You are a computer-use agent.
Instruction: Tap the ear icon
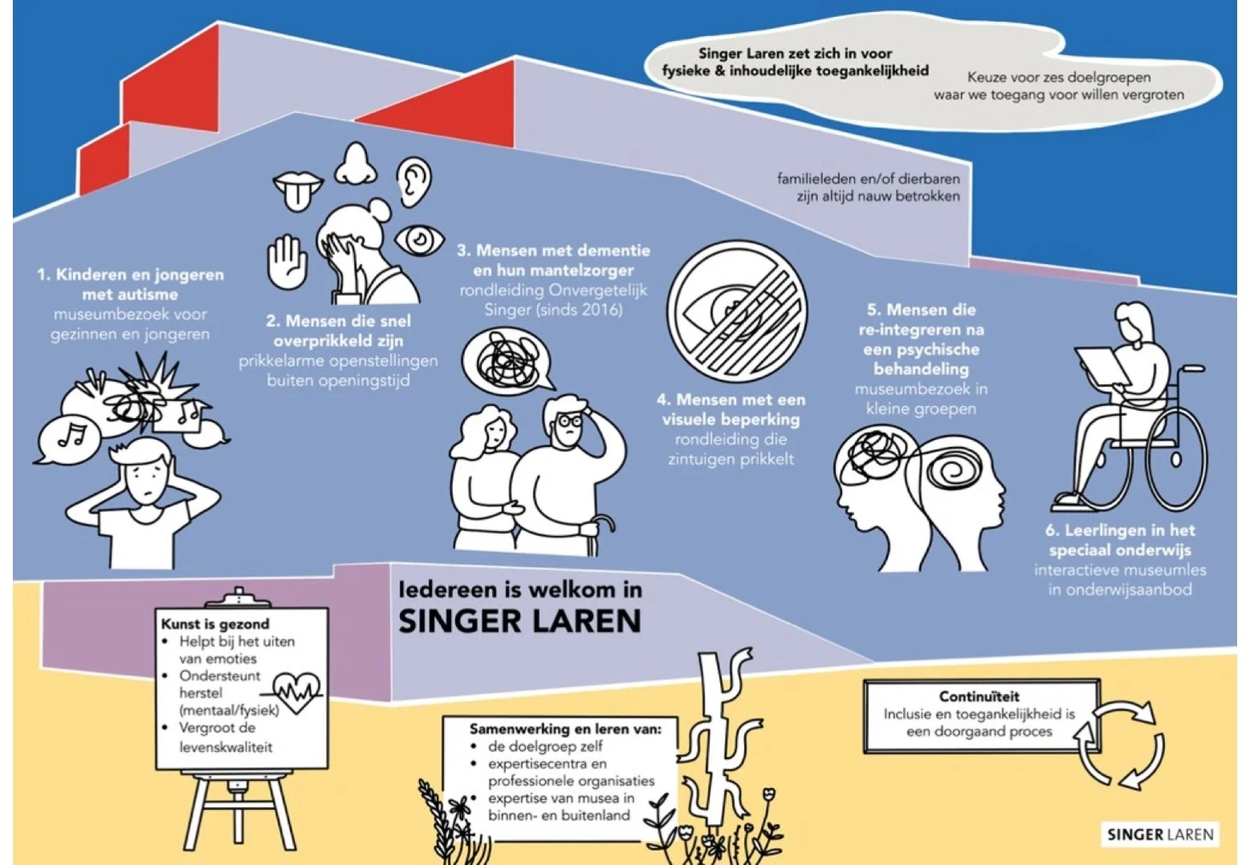point(414,181)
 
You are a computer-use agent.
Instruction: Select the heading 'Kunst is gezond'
point(215,623)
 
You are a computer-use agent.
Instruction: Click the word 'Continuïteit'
point(979,696)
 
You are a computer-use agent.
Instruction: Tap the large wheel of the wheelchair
point(1176,458)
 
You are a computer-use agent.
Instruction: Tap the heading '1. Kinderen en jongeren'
point(130,274)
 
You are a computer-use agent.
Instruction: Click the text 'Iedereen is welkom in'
point(520,590)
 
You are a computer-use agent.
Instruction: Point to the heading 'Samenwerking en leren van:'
point(565,729)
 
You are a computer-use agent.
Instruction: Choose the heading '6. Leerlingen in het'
point(1120,530)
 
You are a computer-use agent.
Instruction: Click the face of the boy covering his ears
point(148,482)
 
